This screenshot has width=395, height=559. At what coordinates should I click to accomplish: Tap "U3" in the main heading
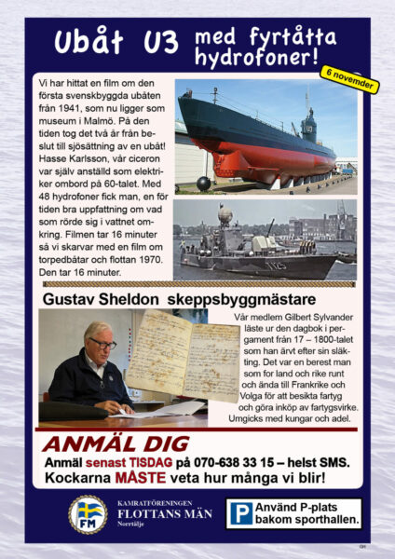click(157, 43)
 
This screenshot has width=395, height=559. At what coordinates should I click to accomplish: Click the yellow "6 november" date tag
click(349, 79)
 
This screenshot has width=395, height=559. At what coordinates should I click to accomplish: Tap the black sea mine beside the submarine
click(204, 184)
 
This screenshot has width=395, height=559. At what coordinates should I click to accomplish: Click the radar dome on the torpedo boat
click(227, 215)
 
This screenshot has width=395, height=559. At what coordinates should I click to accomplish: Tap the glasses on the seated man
click(102, 345)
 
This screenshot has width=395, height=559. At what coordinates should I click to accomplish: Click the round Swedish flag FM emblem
click(87, 514)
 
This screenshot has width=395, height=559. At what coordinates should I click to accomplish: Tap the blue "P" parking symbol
click(241, 513)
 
